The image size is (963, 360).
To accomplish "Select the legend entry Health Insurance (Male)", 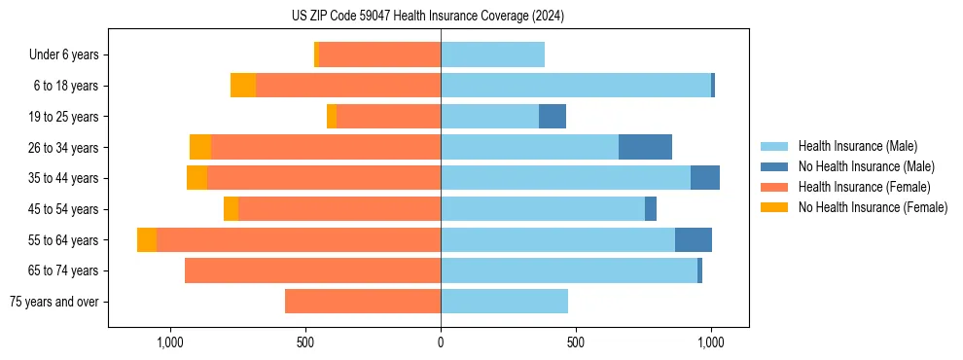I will click(856, 146).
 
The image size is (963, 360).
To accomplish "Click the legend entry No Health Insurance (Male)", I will click(866, 166).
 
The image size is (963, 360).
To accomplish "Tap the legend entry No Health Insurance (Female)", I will click(873, 207).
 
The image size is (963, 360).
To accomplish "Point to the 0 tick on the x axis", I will click(441, 342).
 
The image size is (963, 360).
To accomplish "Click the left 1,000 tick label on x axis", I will click(170, 342).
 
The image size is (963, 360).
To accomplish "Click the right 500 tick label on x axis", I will click(576, 342).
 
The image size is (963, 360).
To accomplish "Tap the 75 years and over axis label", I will click(53, 302).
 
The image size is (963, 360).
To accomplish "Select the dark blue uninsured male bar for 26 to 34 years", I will click(645, 147).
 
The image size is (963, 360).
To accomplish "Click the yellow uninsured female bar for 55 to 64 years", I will click(147, 239).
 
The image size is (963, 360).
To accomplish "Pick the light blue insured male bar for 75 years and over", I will click(504, 302).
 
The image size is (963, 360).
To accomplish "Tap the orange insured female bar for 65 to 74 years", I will click(312, 270).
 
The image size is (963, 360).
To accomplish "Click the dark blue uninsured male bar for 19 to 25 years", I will click(553, 117).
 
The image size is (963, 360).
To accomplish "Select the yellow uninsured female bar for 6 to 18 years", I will click(243, 86).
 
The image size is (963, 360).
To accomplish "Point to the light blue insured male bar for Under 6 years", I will click(492, 55).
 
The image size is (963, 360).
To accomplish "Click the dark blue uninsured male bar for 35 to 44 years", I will click(705, 178).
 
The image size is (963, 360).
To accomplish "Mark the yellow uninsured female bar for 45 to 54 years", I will click(231, 209).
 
